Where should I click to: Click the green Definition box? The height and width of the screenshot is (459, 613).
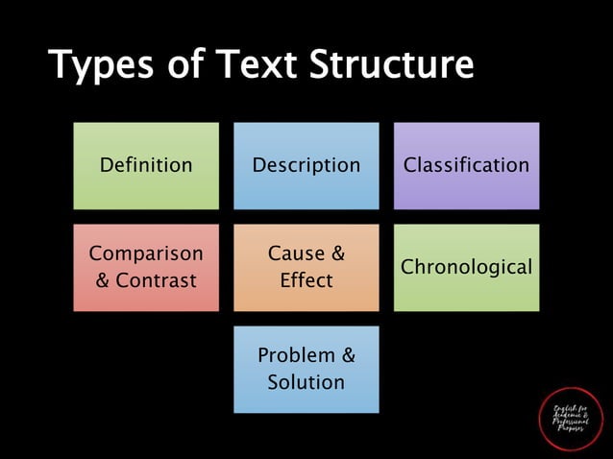click(x=146, y=165)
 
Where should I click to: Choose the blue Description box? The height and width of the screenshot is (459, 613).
click(x=306, y=165)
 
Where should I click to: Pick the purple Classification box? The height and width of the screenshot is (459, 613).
click(x=466, y=165)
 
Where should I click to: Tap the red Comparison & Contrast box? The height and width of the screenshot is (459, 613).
click(x=146, y=267)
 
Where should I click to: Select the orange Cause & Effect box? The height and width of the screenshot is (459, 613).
click(x=306, y=267)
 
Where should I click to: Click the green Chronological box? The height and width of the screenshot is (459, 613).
click(x=466, y=267)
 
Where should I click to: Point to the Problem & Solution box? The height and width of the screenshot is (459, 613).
click(x=306, y=369)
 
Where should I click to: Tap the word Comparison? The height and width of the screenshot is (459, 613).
click(x=146, y=254)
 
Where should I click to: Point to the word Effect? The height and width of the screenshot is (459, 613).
click(x=306, y=280)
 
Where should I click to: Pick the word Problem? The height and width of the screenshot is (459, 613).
click(x=296, y=355)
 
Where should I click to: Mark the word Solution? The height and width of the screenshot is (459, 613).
click(x=306, y=382)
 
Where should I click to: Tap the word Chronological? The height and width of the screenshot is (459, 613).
click(x=466, y=267)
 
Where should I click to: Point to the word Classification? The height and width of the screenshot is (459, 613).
click(x=466, y=165)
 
